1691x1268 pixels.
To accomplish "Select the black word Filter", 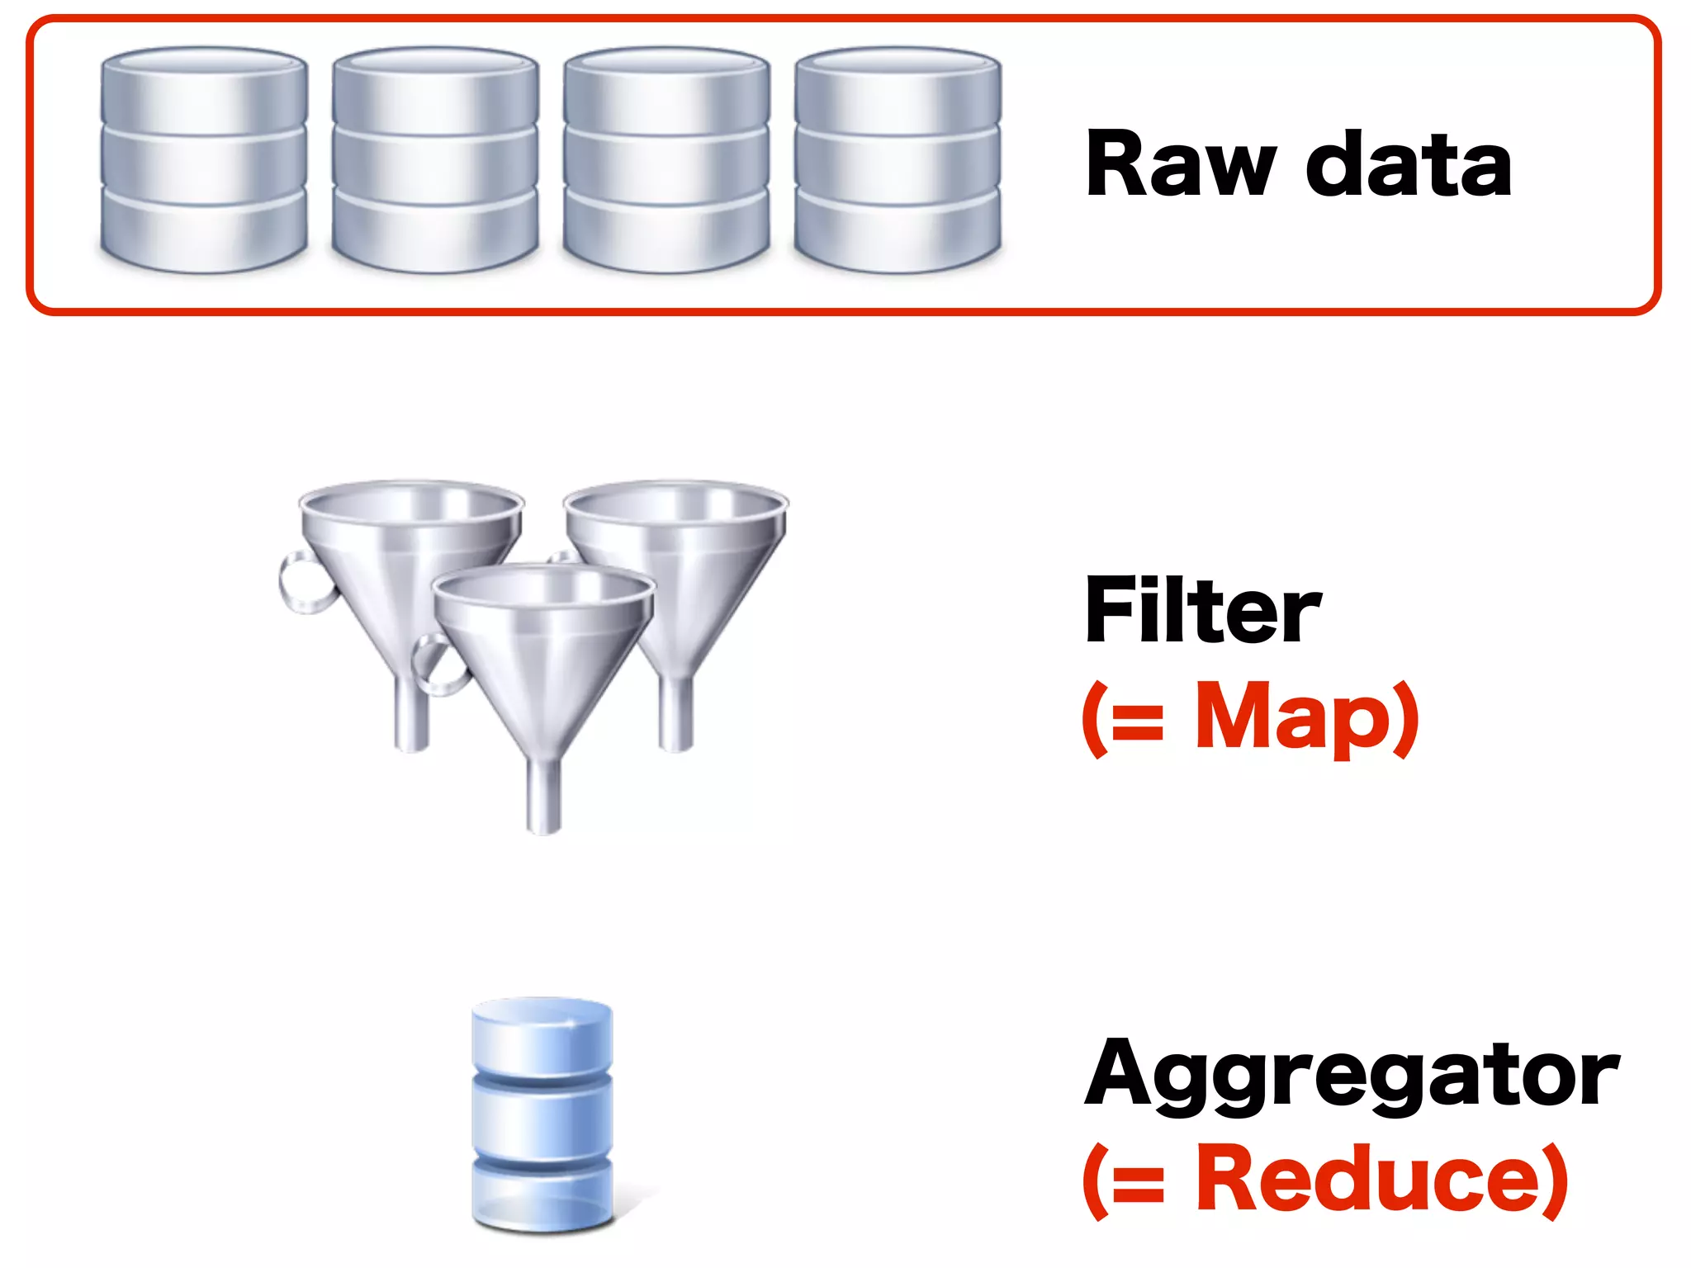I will click(x=1202, y=611).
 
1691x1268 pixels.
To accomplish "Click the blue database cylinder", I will click(x=542, y=1114).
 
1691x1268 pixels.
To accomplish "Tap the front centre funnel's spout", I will click(x=543, y=797).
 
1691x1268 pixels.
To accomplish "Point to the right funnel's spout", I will click(x=675, y=714).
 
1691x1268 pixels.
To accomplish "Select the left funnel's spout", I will click(x=411, y=714).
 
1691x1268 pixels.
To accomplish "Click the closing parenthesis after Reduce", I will click(x=1554, y=1180).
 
